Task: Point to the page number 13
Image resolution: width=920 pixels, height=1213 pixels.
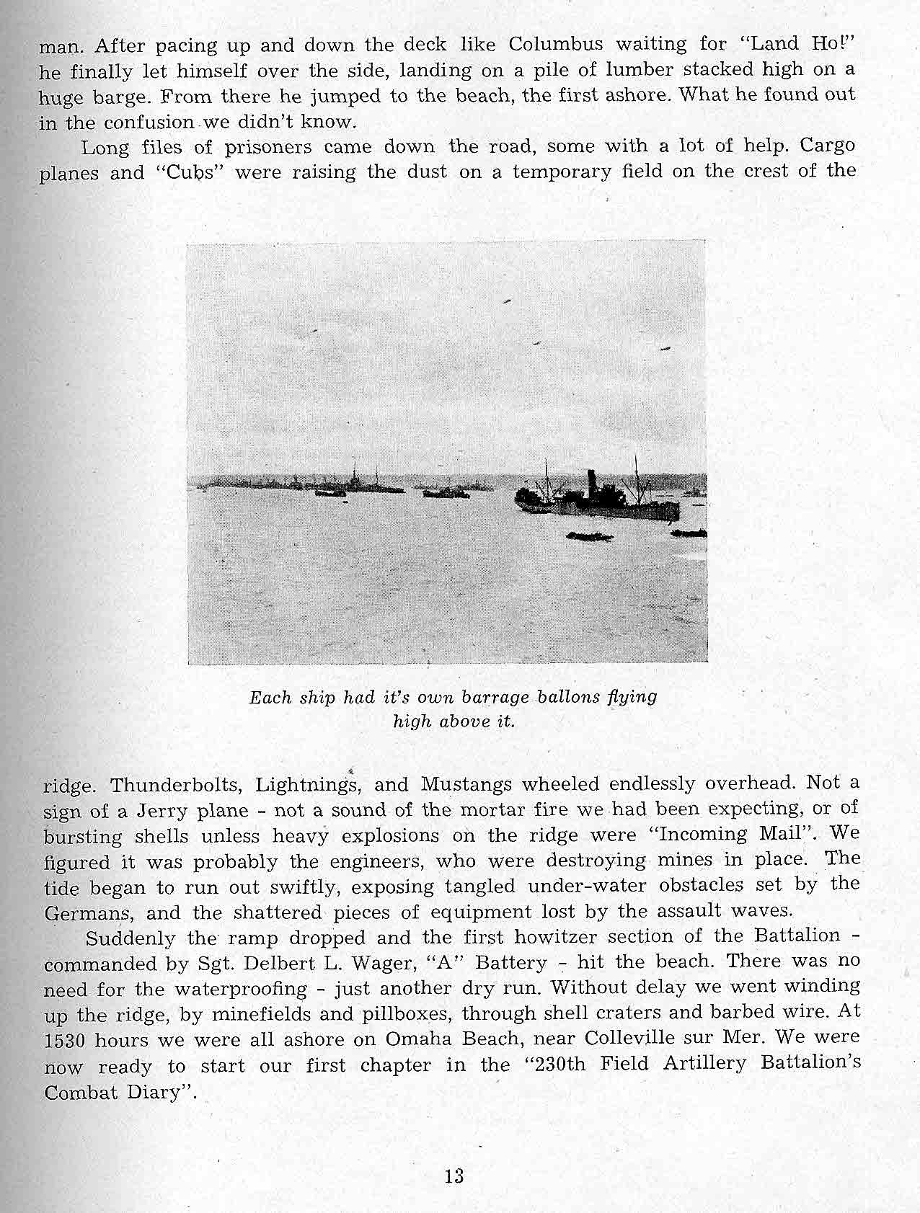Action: pos(454,1176)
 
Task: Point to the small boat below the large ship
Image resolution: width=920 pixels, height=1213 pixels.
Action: pos(590,536)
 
